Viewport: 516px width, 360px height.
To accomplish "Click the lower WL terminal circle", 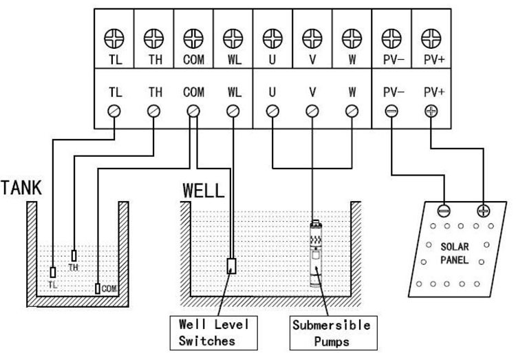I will (x=233, y=109).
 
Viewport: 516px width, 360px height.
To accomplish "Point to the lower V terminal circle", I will (x=312, y=109).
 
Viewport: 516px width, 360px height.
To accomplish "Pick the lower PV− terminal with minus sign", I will (x=391, y=109).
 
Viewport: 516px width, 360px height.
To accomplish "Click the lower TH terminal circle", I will (x=154, y=109).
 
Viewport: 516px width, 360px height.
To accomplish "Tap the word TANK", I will (x=20, y=187).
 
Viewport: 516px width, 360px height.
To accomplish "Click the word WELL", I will (x=203, y=190).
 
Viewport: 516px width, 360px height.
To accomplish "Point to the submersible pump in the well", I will (x=314, y=253).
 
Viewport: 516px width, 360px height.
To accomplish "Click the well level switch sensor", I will (x=233, y=266).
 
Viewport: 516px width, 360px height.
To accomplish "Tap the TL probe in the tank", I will (x=53, y=271).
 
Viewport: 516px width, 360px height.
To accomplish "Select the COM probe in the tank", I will (x=98, y=288).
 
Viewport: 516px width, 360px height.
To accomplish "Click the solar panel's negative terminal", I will (x=444, y=210).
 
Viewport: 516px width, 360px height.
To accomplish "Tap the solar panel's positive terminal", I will (x=482, y=210).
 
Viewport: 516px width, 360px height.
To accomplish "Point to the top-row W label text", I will (x=352, y=59).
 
